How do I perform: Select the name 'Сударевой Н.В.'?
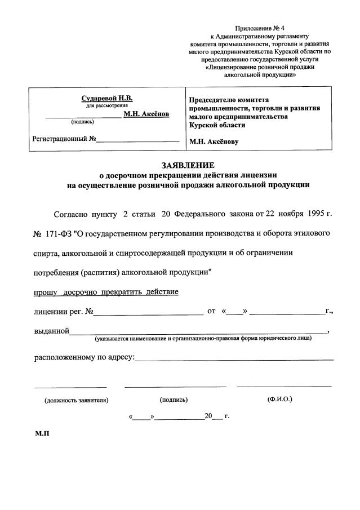(x=107, y=99)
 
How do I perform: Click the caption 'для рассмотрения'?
(x=107, y=106)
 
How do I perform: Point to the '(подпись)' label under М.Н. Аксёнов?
(x=83, y=121)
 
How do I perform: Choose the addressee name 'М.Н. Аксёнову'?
(x=214, y=141)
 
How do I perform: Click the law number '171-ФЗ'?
(x=64, y=233)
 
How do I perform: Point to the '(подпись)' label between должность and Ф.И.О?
(x=174, y=400)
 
